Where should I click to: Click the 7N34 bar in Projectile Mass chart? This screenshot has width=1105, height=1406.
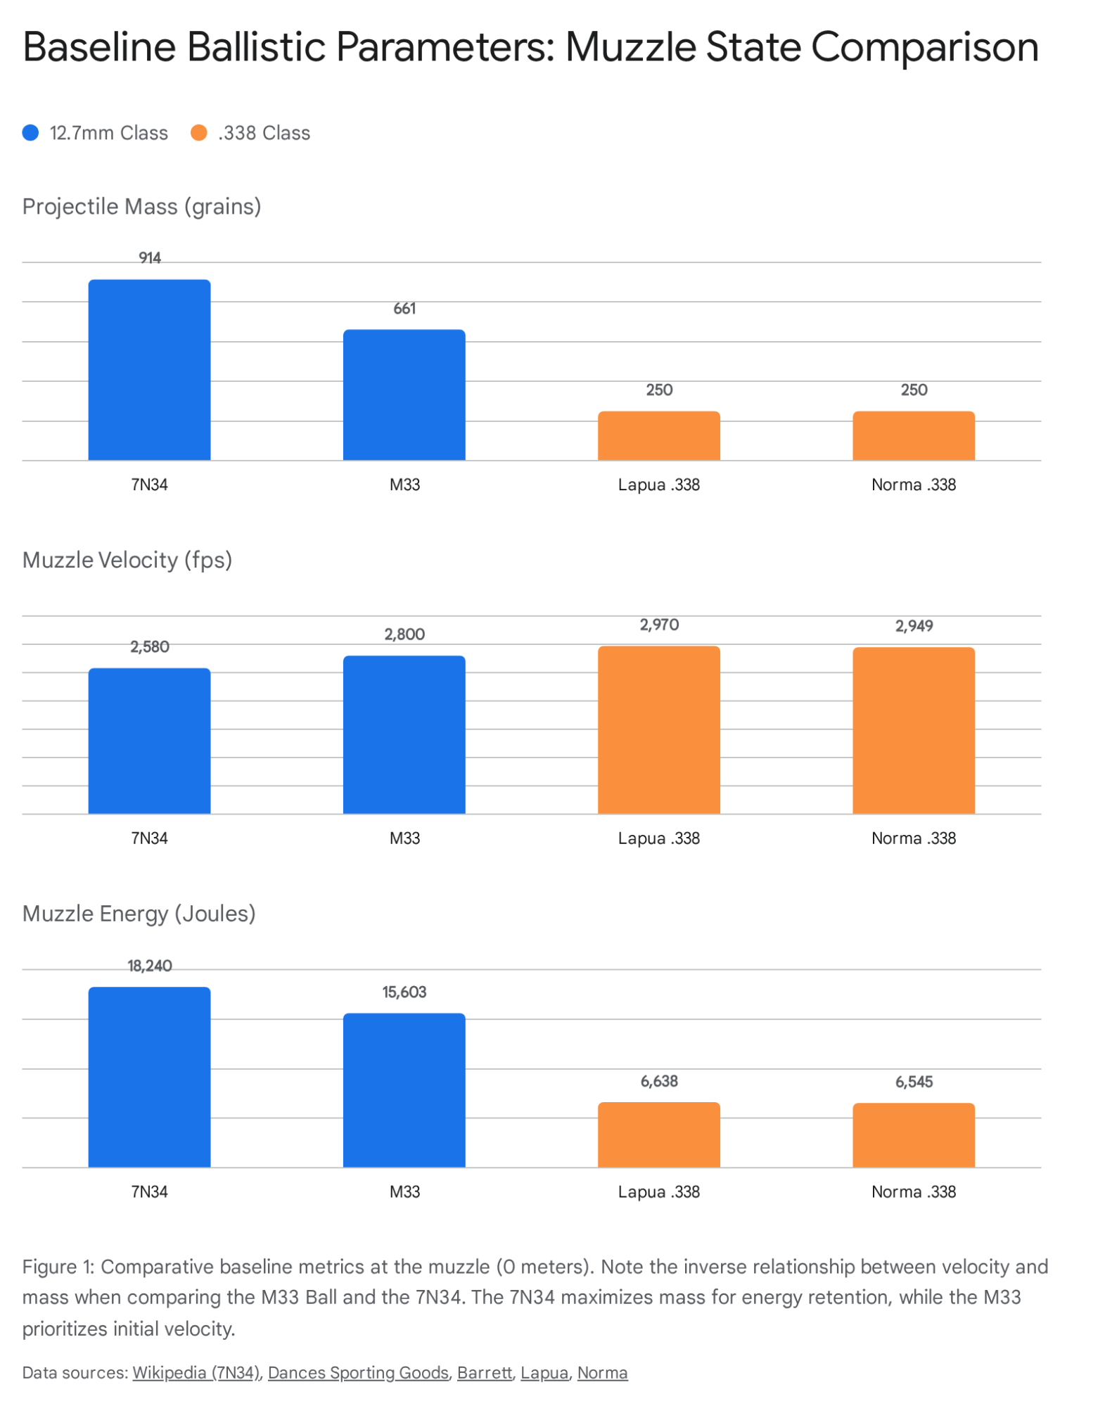(x=149, y=370)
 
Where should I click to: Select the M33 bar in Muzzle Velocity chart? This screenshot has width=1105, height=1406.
(x=404, y=734)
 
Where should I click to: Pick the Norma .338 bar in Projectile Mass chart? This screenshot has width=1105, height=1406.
(x=913, y=435)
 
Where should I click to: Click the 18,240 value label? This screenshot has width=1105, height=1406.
(x=149, y=965)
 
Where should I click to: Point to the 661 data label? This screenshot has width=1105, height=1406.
(x=404, y=308)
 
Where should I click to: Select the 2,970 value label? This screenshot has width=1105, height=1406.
(x=658, y=624)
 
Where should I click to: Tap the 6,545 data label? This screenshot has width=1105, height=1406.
(x=913, y=1081)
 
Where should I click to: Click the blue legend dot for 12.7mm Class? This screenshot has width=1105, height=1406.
(x=30, y=133)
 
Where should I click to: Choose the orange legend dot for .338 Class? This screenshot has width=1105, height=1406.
(x=199, y=133)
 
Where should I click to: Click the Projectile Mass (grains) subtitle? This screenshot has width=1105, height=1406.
(x=141, y=206)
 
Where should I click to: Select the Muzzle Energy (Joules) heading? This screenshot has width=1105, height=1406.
(x=139, y=913)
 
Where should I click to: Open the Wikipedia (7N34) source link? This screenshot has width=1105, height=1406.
(x=196, y=1372)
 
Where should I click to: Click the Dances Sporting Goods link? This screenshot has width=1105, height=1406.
(x=357, y=1372)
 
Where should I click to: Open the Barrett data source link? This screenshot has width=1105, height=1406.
(x=484, y=1372)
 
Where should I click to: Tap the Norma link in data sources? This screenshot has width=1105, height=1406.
(x=602, y=1372)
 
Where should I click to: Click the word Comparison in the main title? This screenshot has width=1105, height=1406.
(x=924, y=48)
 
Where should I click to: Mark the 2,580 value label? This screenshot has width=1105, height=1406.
(x=149, y=646)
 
